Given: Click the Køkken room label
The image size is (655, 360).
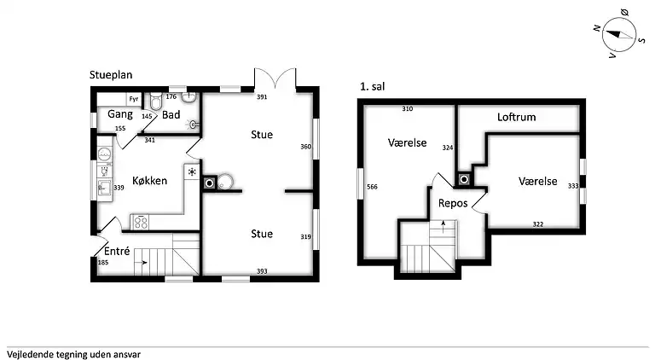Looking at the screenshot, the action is (x=149, y=180).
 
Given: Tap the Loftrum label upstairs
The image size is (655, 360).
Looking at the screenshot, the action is (x=516, y=117).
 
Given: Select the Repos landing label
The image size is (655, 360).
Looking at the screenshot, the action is (x=453, y=203).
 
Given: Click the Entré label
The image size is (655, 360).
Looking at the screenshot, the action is (x=117, y=251).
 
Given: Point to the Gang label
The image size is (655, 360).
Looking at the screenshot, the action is (x=120, y=114).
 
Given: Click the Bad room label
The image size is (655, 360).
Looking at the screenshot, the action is (x=171, y=114).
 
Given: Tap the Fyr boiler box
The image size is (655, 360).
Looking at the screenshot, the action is (x=134, y=99).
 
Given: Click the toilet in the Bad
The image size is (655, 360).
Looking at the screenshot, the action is (x=156, y=100).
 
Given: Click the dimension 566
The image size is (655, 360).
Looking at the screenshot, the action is (x=372, y=187).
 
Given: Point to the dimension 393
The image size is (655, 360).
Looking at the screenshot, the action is (x=262, y=271).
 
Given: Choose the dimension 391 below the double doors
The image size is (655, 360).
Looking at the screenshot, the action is (x=262, y=97).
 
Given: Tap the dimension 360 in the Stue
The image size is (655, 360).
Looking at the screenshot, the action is (x=306, y=147).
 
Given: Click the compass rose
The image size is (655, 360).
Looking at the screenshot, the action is (x=618, y=34).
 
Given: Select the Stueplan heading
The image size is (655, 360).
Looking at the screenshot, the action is (x=111, y=75).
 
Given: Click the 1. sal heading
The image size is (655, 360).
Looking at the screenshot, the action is (x=372, y=86).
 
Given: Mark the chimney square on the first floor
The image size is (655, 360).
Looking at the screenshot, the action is (x=464, y=180).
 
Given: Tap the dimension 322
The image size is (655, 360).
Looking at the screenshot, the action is (x=537, y=224).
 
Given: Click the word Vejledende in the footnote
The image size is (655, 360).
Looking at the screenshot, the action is (x=27, y=355).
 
